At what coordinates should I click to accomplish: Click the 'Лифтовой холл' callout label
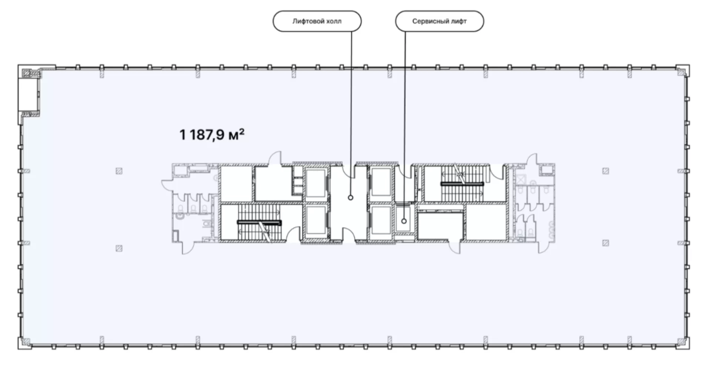click(317, 21)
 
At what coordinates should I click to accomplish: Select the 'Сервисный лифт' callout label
click(440, 21)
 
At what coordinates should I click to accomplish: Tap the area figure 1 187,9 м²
click(212, 135)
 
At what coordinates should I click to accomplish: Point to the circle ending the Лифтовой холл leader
click(350, 198)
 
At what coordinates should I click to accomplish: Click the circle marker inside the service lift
click(404, 221)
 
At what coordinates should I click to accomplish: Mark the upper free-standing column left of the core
click(119, 171)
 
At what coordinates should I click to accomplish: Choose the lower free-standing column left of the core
click(119, 248)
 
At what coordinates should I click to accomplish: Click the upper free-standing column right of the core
click(606, 171)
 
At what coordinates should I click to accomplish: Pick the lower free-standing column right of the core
click(606, 243)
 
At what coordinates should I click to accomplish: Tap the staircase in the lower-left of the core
click(259, 223)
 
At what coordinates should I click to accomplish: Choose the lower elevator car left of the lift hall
click(316, 221)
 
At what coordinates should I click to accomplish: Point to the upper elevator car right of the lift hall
click(381, 182)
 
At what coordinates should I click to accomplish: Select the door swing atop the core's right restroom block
click(532, 160)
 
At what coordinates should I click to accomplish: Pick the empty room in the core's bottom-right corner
click(485, 222)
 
